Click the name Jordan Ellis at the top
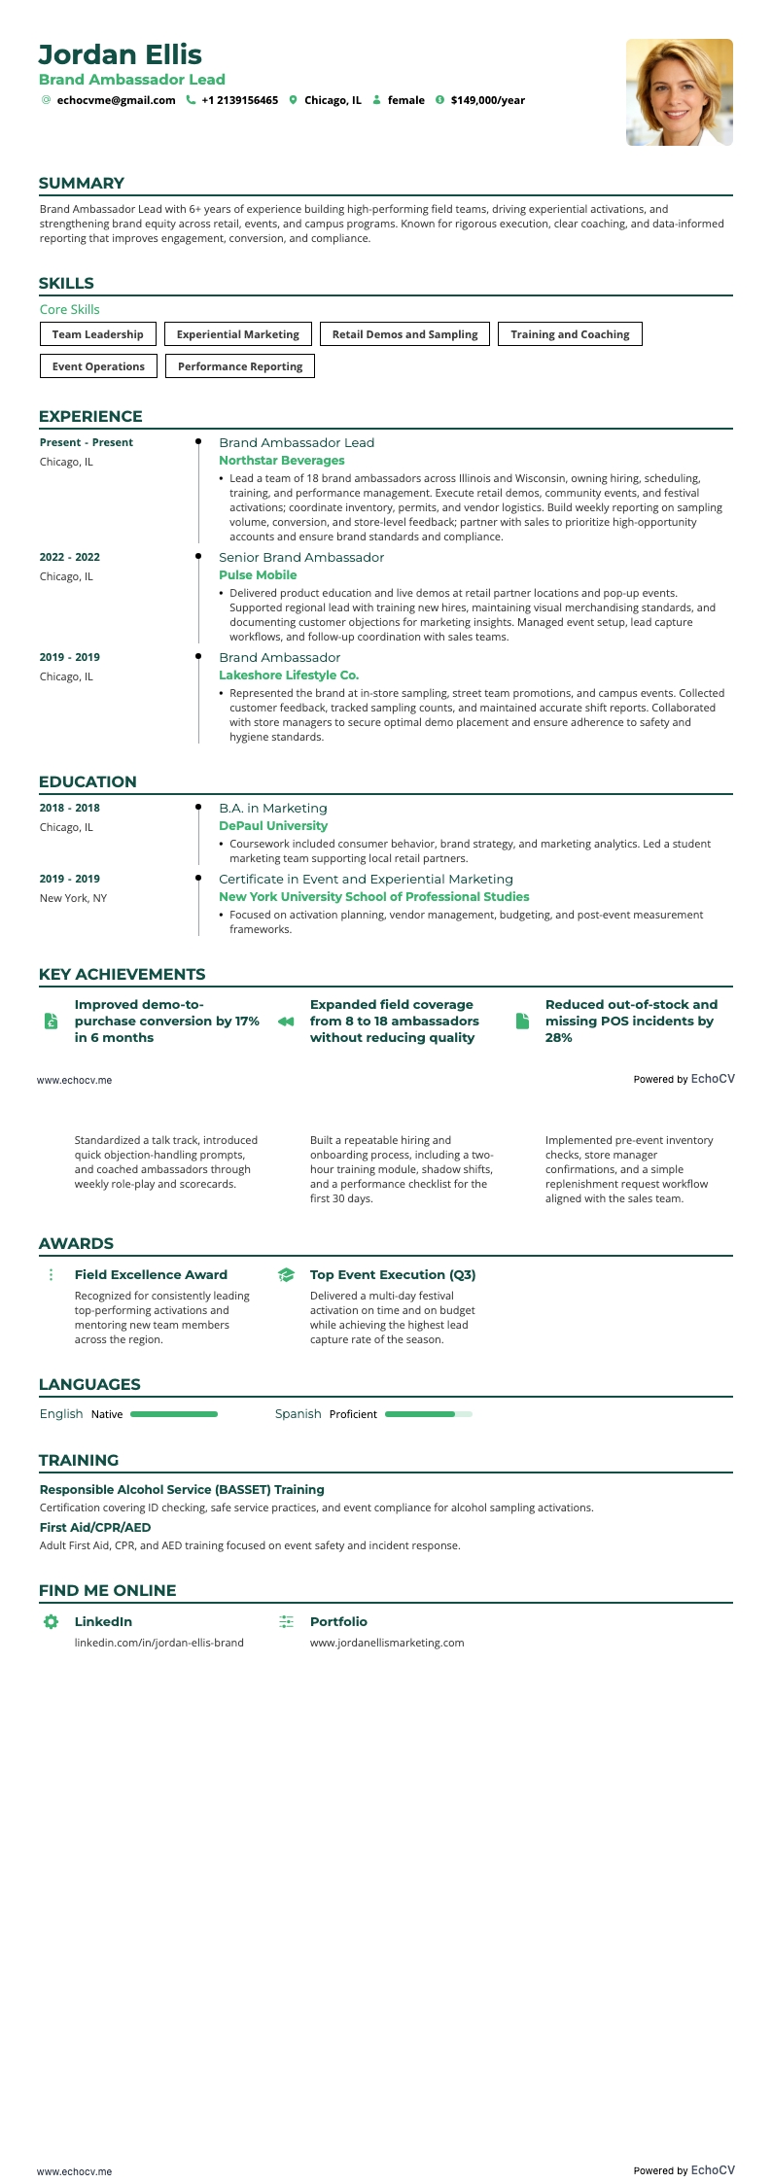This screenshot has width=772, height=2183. pos(121,54)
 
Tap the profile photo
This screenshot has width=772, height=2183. pos(679,92)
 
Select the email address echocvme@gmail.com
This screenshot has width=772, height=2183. pos(116,100)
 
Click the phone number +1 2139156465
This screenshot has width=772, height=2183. pos(239,100)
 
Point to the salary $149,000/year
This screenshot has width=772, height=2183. pos(487,100)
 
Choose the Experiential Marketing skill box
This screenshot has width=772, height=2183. pos(238,334)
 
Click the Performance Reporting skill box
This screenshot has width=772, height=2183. pos(240,366)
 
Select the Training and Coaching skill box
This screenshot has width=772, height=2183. pos(570,334)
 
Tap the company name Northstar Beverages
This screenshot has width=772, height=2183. pos(281,461)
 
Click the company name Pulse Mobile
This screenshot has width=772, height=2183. pos(258,575)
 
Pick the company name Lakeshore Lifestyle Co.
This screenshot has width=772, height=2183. pos(289,676)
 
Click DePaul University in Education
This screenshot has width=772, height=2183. pos(273,826)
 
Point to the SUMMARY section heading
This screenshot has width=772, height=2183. pos(82,184)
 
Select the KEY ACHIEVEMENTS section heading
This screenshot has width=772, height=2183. pos(122,975)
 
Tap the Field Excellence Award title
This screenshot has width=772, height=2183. pos(151,1275)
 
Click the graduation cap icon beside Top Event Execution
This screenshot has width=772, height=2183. pos(286,1275)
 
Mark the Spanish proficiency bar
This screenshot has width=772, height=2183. pos(428,1414)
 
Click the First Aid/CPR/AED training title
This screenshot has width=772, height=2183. pos(95,1528)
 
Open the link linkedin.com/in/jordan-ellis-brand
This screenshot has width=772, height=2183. pos(159,1643)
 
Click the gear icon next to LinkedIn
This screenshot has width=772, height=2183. pos(51,1621)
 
